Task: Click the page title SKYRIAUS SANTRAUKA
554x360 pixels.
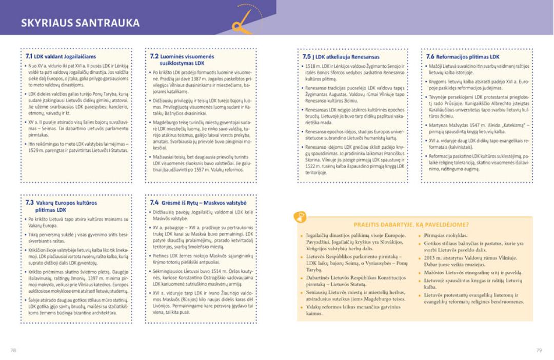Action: tap(81, 23)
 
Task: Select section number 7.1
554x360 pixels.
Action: tap(29, 56)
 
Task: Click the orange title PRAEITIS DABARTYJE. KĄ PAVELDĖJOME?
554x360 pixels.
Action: tap(411, 224)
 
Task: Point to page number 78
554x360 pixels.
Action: tap(13, 350)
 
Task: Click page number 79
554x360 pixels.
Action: tap(539, 350)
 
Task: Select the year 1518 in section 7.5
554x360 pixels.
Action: tap(310, 66)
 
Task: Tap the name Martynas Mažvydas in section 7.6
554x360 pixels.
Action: tap(448, 126)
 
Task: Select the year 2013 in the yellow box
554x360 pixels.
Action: tap(430, 258)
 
